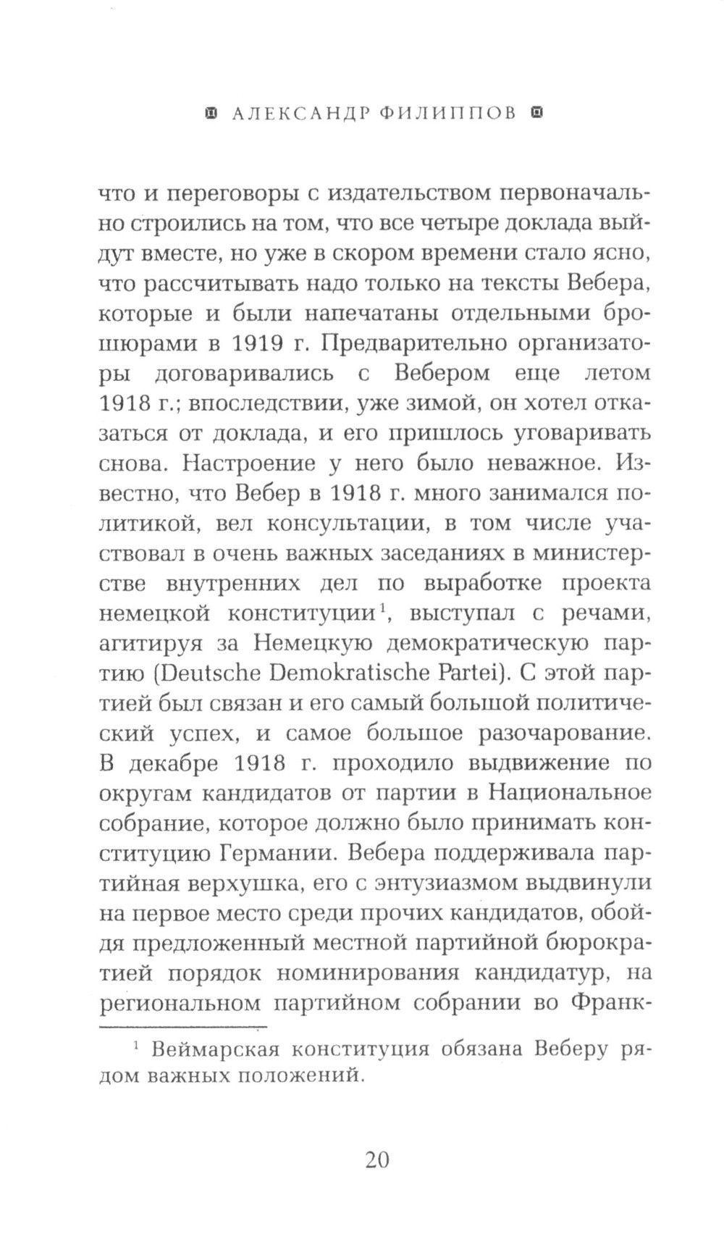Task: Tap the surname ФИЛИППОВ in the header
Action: (x=447, y=114)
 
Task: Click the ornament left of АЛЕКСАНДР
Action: (x=211, y=114)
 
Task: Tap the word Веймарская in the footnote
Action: (x=221, y=1049)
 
